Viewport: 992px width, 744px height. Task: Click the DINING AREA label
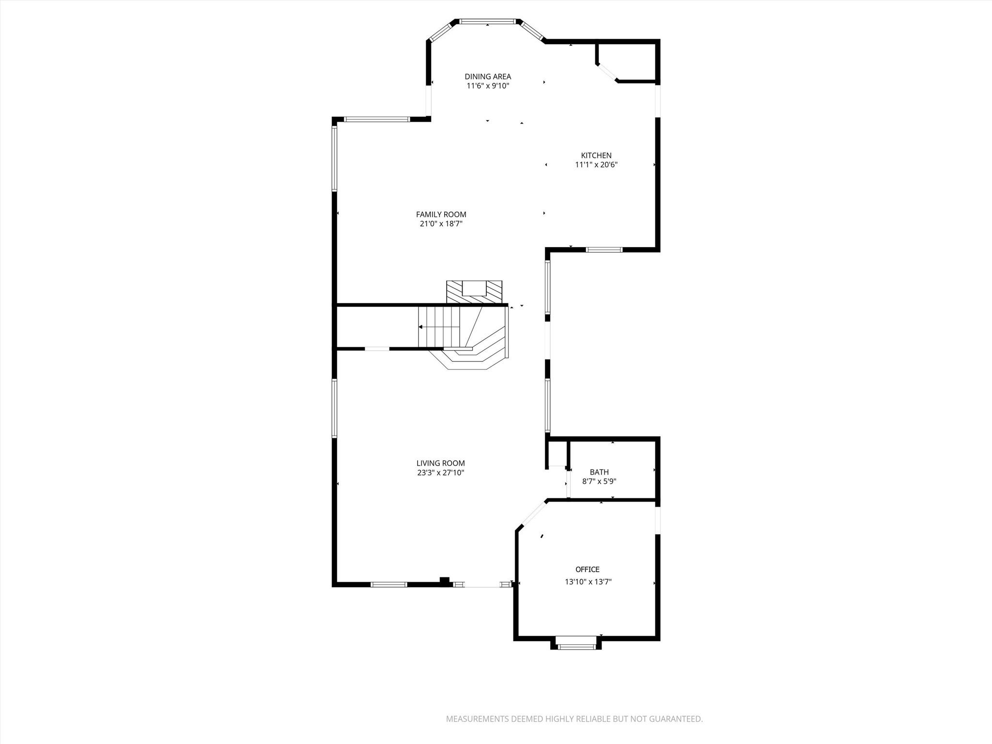pyautogui.click(x=487, y=77)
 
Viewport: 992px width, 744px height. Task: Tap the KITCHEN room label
pyautogui.click(x=596, y=155)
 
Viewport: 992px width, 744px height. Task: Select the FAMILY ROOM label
pyautogui.click(x=441, y=215)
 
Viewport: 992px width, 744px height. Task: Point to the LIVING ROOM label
pyautogui.click(x=440, y=463)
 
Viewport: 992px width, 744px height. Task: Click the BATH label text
pyautogui.click(x=599, y=472)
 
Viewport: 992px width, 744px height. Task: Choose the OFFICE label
pyautogui.click(x=587, y=569)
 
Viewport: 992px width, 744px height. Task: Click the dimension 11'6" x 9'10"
pyautogui.click(x=487, y=86)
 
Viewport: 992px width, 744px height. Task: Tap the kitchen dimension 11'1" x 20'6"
pyautogui.click(x=596, y=165)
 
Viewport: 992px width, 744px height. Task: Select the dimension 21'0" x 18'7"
pyautogui.click(x=441, y=224)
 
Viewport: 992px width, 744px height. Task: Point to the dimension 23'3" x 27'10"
pyautogui.click(x=440, y=473)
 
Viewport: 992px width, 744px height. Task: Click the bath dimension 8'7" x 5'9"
pyautogui.click(x=599, y=481)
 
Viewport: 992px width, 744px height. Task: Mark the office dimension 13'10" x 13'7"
pyautogui.click(x=588, y=582)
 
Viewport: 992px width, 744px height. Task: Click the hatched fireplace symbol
pyautogui.click(x=474, y=292)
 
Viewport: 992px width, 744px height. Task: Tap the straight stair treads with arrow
pyautogui.click(x=438, y=327)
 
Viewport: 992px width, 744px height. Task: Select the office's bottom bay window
pyautogui.click(x=576, y=646)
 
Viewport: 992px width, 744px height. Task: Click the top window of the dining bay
pyautogui.click(x=487, y=22)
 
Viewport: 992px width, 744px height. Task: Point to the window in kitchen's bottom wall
pyautogui.click(x=604, y=250)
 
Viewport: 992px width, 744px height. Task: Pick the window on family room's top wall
pyautogui.click(x=377, y=119)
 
